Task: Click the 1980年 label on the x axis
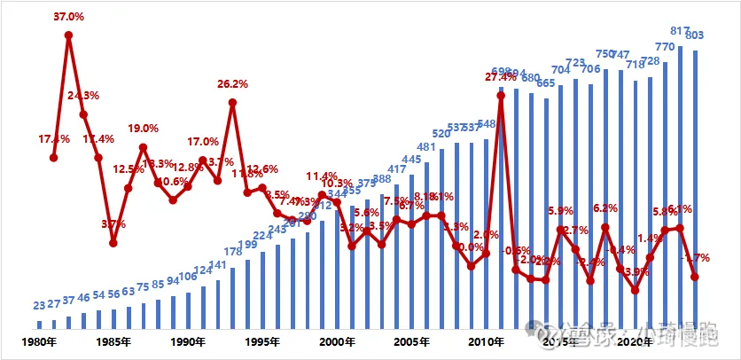[40, 341]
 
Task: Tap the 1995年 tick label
[262, 341]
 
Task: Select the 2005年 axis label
[410, 341]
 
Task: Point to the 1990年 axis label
[188, 341]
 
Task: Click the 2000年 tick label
[337, 341]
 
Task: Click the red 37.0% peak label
[69, 16]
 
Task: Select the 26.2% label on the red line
[232, 84]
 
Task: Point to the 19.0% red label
[143, 129]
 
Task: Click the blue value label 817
[680, 31]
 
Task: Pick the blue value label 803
[696, 35]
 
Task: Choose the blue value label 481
[426, 147]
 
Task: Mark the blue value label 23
[39, 306]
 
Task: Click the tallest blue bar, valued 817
[680, 186]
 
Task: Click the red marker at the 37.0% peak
[68, 35]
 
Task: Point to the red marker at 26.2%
[232, 102]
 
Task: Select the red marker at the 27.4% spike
[501, 95]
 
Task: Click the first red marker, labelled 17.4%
[53, 158]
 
